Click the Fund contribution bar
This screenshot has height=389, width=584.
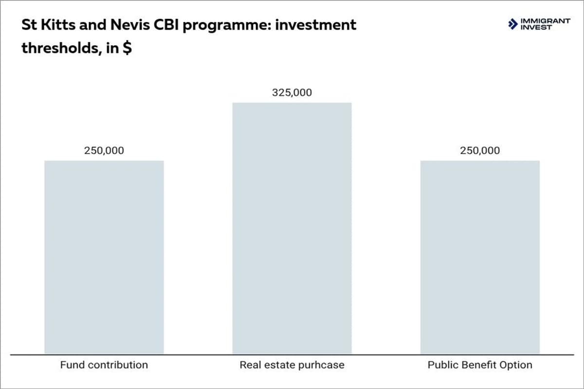(104, 257)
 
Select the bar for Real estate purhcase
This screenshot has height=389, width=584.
(292, 228)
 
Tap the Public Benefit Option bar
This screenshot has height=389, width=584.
(480, 257)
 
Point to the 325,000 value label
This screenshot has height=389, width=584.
(292, 92)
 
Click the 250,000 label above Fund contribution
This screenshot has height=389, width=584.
(104, 150)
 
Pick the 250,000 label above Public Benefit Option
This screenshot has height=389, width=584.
(480, 150)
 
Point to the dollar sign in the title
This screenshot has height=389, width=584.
(127, 48)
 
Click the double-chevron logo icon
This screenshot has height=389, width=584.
(513, 24)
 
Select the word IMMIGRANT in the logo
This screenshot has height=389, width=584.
(546, 21)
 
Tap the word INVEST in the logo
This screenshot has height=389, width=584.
(536, 27)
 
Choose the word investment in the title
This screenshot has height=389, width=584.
(316, 25)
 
